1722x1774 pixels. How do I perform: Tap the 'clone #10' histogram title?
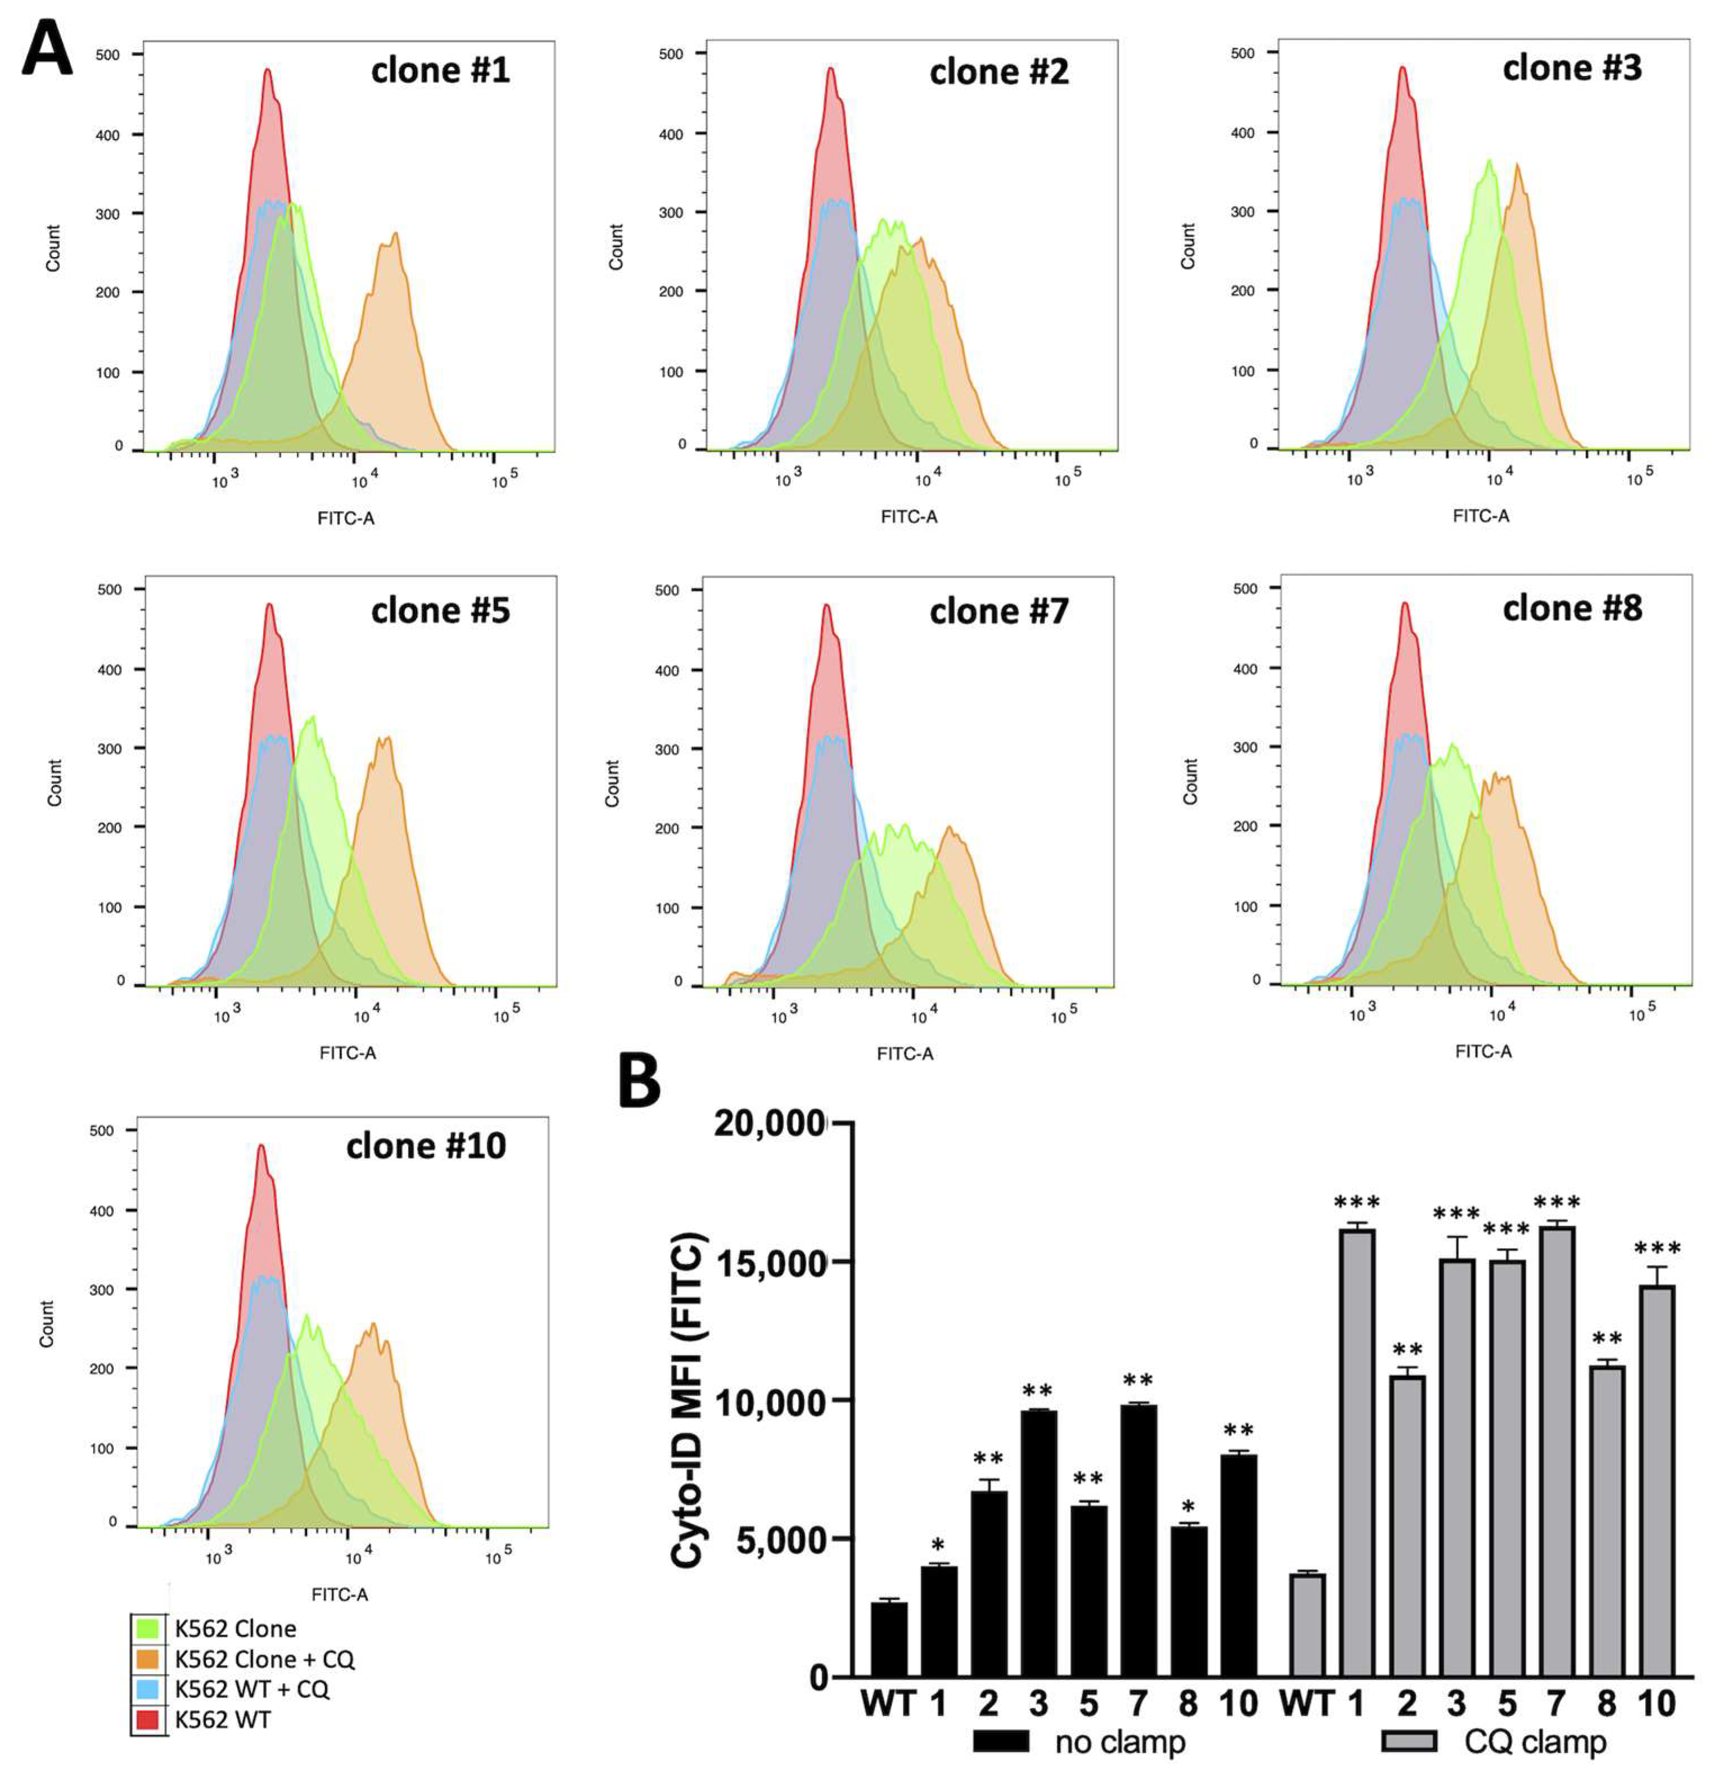[x=425, y=1146]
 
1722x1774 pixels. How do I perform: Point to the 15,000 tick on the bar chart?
[x=771, y=1263]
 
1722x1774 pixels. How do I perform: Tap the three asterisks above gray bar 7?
[x=1556, y=1203]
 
